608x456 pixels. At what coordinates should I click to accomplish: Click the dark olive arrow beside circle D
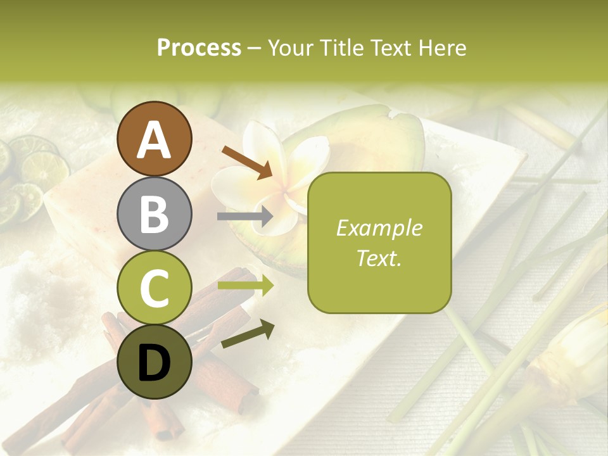(248, 334)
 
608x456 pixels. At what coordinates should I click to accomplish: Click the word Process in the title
(199, 47)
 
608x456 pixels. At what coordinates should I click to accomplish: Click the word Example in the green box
(379, 228)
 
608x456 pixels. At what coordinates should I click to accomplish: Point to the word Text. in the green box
(379, 258)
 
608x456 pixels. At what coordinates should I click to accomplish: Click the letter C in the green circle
(155, 289)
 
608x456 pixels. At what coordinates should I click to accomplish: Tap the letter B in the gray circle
(155, 214)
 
